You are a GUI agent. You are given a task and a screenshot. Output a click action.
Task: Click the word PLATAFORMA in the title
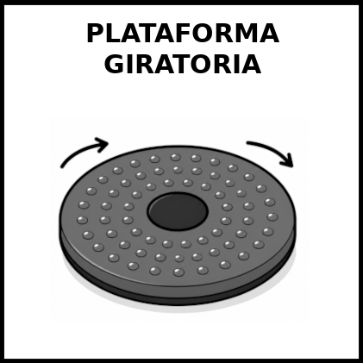[x=183, y=34]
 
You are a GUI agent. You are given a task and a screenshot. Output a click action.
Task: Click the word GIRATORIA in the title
[x=183, y=64]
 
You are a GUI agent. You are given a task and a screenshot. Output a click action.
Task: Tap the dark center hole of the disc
[x=178, y=211]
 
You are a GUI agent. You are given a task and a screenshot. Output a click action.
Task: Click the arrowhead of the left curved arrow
[x=102, y=144]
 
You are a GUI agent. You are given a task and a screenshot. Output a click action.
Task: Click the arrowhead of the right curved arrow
[x=287, y=161]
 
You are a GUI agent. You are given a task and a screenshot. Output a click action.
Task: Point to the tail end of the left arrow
[x=62, y=166]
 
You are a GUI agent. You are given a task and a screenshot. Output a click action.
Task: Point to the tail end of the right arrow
[x=247, y=142]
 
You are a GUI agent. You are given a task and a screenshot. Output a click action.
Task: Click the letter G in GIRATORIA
[x=114, y=64]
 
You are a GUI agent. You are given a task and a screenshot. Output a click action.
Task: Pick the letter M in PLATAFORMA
[x=241, y=34]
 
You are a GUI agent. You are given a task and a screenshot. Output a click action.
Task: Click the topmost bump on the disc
[x=175, y=157]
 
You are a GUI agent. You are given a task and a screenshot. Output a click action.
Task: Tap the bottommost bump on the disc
[x=178, y=272]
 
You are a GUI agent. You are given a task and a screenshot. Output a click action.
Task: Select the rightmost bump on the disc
[x=272, y=216]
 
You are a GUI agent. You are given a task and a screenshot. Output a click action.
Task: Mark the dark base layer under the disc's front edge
[x=178, y=299]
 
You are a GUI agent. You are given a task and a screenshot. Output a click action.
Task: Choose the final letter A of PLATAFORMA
[x=269, y=34]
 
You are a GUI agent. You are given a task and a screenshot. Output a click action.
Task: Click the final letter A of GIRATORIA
[x=252, y=64]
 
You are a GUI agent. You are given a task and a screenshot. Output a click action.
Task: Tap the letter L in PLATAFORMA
[x=111, y=34]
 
